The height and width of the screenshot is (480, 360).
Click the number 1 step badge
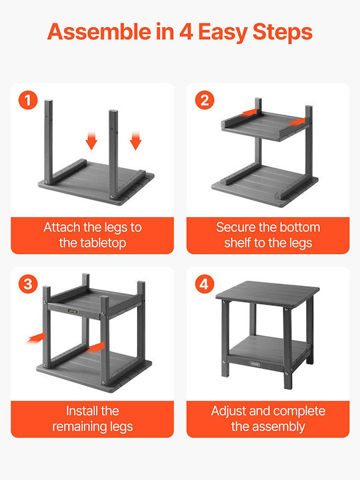(28, 101)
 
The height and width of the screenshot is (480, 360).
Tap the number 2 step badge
(205, 101)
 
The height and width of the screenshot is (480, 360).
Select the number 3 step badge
(28, 284)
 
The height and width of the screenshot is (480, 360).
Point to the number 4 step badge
(205, 284)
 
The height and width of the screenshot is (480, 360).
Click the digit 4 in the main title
(186, 32)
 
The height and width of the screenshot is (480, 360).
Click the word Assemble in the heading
(99, 32)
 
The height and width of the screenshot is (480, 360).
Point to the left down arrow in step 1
(91, 141)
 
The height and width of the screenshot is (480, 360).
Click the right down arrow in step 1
(135, 141)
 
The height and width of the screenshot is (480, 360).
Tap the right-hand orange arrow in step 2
(297, 122)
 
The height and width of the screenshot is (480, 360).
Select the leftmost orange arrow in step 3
(36, 338)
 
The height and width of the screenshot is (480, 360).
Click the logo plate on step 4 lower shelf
(255, 364)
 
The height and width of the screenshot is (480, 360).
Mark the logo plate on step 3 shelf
(73, 311)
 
